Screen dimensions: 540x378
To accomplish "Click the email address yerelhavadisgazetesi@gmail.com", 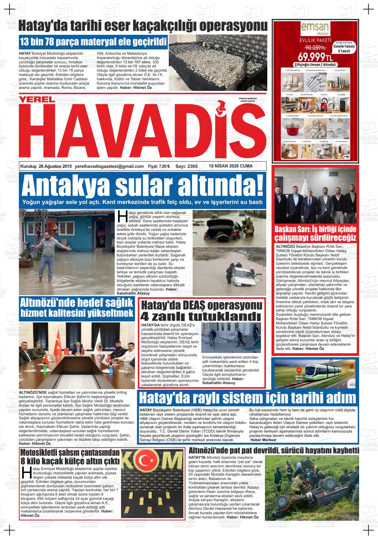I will point(109,167).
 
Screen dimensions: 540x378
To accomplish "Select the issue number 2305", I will point(191,167).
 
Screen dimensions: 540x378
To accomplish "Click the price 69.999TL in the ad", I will point(315,55).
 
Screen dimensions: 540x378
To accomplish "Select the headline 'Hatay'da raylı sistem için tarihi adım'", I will point(247,397).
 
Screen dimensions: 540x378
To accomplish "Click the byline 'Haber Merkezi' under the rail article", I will point(263,440).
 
